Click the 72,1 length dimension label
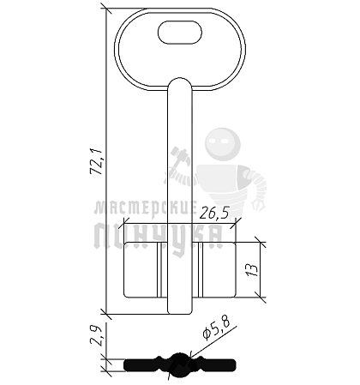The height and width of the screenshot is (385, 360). coord(96,161)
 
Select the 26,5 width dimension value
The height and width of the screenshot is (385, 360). coord(214,213)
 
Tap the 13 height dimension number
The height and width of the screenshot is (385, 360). coord(252,270)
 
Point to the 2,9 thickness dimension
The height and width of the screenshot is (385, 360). coord(96,336)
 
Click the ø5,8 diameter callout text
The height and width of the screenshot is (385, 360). coord(216,329)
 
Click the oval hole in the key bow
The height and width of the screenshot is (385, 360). coord(180,33)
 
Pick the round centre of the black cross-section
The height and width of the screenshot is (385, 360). coord(180,365)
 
